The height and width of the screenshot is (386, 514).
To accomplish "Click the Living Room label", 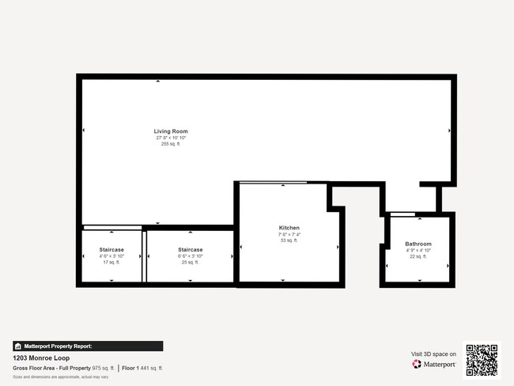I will click(171, 131).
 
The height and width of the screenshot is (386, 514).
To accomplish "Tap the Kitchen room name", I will click(289, 228).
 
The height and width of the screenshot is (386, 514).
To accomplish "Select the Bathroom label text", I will click(418, 244).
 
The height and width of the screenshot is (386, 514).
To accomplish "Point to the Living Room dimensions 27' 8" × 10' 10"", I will click(171, 138).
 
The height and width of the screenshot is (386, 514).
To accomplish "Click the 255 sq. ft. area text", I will click(171, 144).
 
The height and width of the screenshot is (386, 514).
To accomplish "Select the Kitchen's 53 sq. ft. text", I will click(289, 240).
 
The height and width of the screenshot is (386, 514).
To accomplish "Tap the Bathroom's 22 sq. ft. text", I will click(418, 256).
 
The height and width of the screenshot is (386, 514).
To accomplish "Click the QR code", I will click(482, 360).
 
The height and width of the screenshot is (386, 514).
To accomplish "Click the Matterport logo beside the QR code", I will click(433, 364).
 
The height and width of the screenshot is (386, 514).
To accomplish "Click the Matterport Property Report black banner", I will click(88, 346).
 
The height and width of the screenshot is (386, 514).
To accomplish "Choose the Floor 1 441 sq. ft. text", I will click(142, 368).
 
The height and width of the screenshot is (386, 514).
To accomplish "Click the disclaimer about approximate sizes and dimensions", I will click(50, 377).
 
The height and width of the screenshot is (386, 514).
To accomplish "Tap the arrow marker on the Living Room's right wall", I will click(450, 131).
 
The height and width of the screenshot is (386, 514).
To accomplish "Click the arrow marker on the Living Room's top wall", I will click(157, 81).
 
